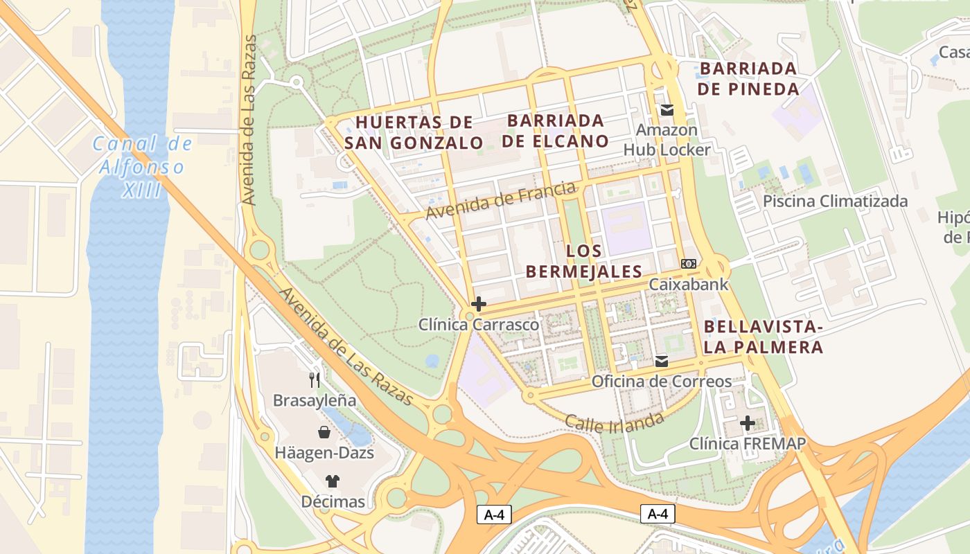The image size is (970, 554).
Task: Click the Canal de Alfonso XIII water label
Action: click(x=142, y=167)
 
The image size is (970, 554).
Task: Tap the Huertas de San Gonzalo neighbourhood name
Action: click(x=414, y=133)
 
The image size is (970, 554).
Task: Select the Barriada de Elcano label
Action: click(x=557, y=131)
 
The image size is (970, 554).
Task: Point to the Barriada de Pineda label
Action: click(x=748, y=79)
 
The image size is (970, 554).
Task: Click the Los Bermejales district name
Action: click(x=583, y=261)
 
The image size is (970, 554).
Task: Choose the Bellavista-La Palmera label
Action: click(x=763, y=337)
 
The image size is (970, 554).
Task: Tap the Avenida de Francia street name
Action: click(x=500, y=200)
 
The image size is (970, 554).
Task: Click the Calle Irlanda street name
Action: click(x=614, y=421)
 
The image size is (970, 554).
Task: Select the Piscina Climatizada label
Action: click(x=835, y=202)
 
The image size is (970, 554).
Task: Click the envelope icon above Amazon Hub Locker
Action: click(x=667, y=109)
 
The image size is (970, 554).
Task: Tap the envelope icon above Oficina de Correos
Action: click(x=661, y=361)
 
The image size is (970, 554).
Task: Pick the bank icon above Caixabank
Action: click(x=689, y=264)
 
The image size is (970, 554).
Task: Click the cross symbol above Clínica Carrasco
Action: click(x=478, y=304)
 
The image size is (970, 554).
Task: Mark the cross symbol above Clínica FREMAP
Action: click(x=747, y=422)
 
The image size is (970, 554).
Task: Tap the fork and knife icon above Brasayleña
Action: click(x=315, y=379)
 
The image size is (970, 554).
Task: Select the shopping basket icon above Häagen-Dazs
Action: click(x=324, y=433)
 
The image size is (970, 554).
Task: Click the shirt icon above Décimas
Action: click(x=333, y=481)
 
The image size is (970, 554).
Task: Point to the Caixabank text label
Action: click(x=689, y=284)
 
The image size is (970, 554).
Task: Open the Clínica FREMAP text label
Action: click(x=747, y=443)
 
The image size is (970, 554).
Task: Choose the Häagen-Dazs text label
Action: click(x=324, y=453)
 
